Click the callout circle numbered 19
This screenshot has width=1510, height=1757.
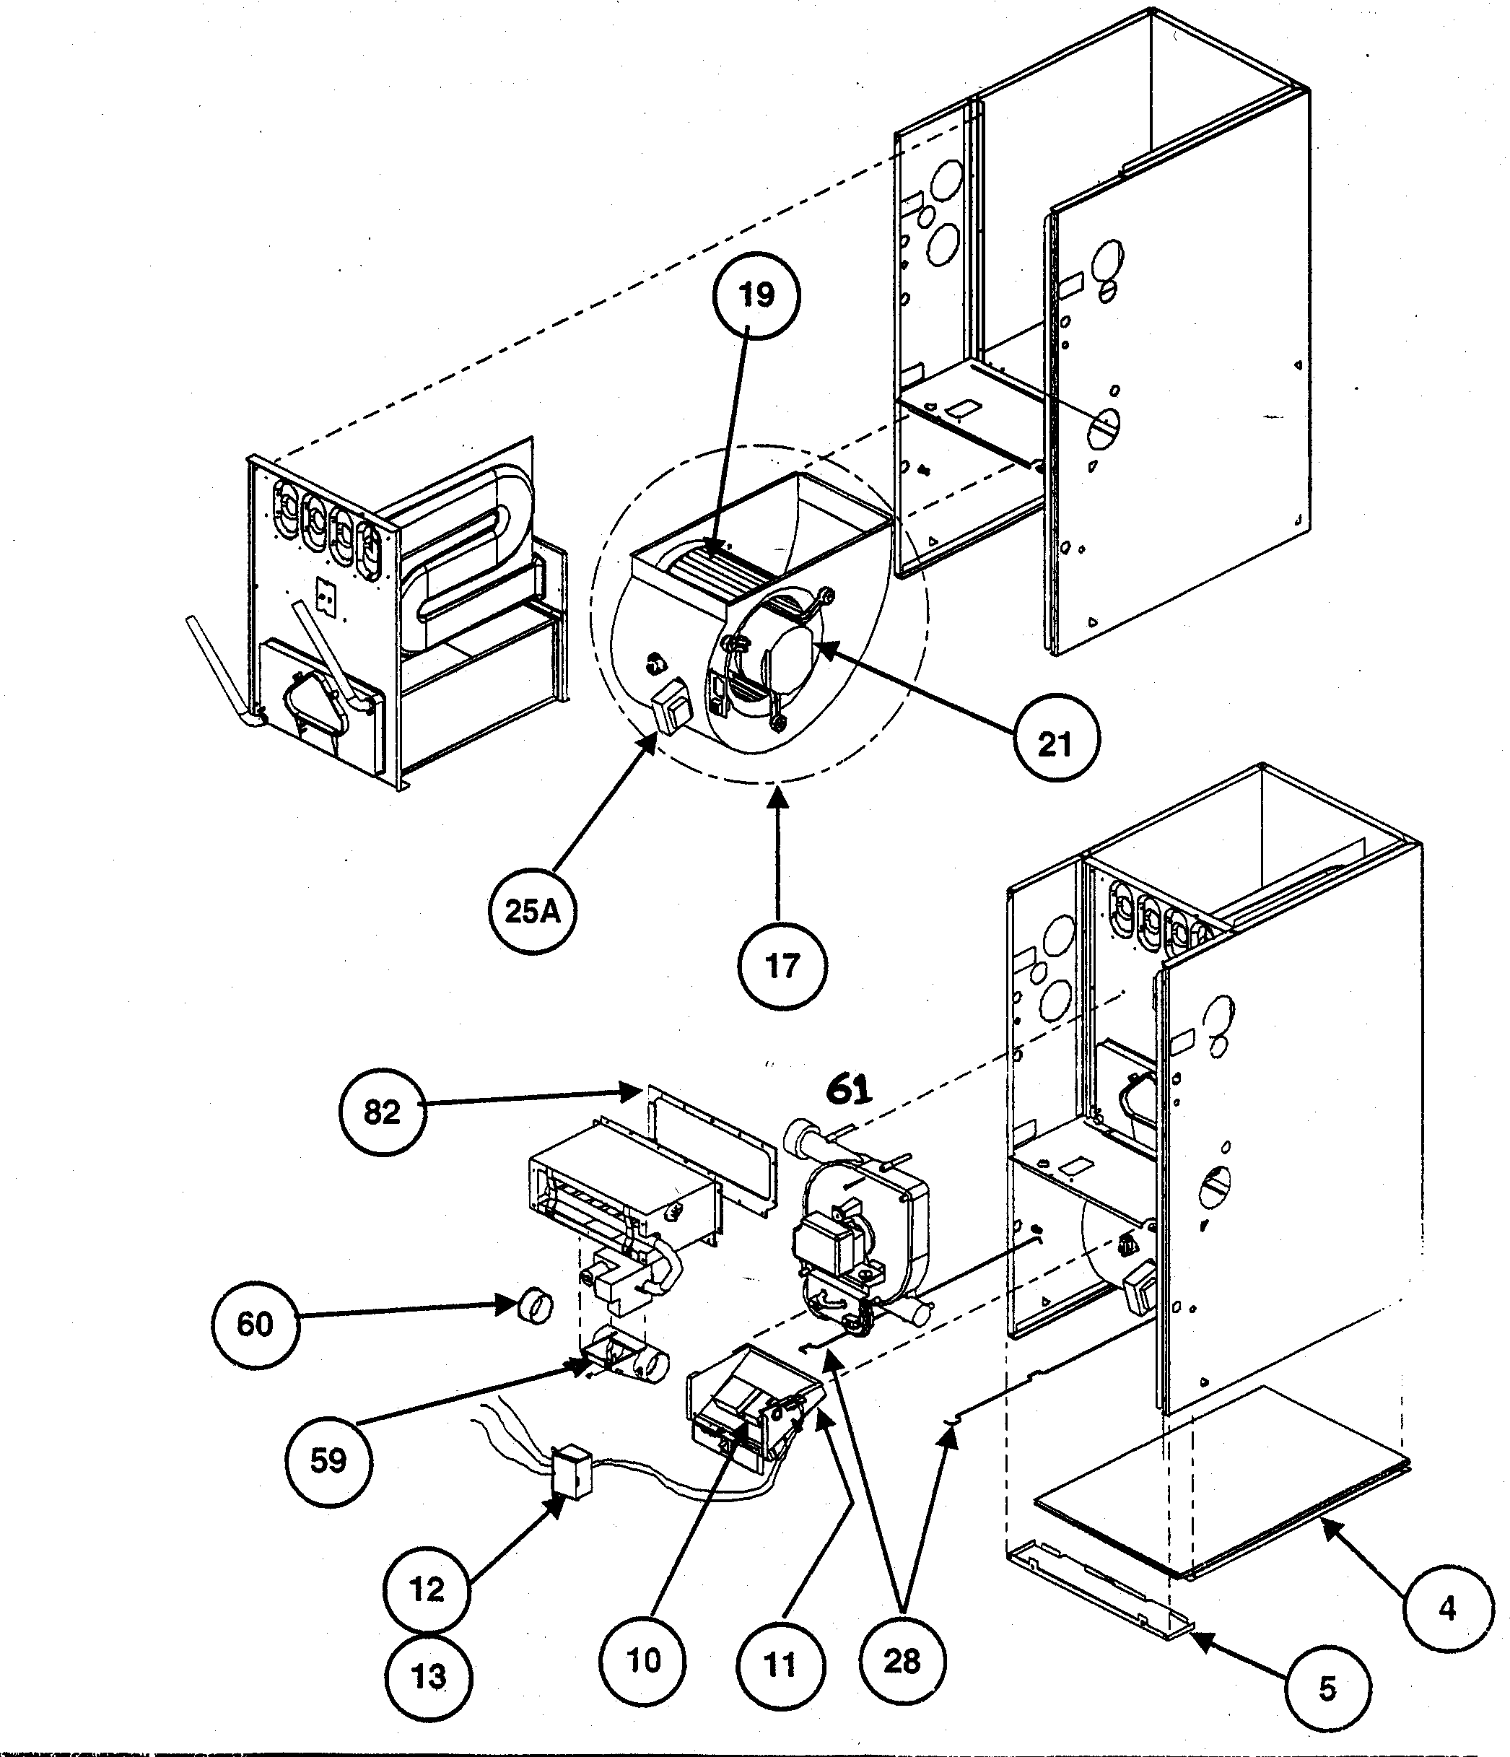756,296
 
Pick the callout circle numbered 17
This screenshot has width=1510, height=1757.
782,966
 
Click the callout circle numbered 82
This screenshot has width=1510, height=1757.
382,1112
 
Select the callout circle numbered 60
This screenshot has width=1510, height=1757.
254,1324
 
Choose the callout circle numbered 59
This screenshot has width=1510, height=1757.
328,1460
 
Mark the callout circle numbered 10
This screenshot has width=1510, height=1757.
642,1660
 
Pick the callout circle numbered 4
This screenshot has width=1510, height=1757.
1447,1608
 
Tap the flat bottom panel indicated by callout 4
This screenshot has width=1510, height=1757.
1221,1484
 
